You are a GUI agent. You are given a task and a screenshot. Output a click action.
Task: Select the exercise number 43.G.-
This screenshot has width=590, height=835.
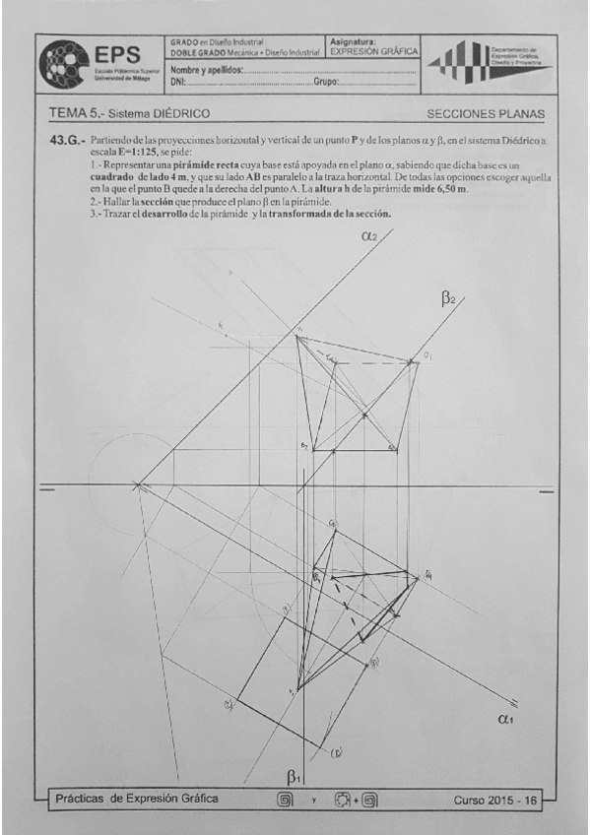point(66,143)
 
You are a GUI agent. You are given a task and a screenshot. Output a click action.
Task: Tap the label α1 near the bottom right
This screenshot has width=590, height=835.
point(498,720)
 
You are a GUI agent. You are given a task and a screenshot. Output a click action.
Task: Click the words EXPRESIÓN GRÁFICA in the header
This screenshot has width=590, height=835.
point(373,52)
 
